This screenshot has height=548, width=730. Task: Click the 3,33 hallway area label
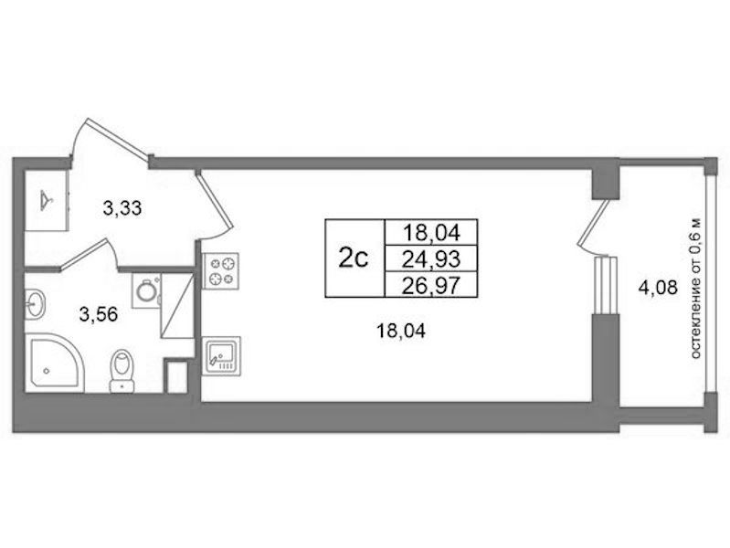click(x=122, y=208)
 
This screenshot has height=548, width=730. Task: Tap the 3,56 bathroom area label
click(x=99, y=315)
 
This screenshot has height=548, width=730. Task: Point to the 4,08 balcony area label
click(x=658, y=289)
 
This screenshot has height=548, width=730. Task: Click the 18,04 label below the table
click(x=401, y=332)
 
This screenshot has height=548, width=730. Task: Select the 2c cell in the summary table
click(x=354, y=258)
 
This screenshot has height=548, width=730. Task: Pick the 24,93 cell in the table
click(x=431, y=258)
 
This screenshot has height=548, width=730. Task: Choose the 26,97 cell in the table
click(x=431, y=284)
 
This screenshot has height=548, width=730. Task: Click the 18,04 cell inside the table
click(x=431, y=232)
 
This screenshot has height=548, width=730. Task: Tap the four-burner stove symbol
click(x=221, y=271)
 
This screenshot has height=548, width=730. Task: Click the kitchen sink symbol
click(x=221, y=356)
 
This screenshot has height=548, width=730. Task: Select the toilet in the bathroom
click(x=122, y=371)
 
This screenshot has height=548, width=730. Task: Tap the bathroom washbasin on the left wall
click(x=35, y=304)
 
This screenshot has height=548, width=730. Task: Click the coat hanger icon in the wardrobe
click(x=47, y=200)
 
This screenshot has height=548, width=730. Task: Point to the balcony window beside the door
click(x=606, y=284)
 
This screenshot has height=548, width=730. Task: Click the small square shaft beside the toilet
click(x=176, y=376)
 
